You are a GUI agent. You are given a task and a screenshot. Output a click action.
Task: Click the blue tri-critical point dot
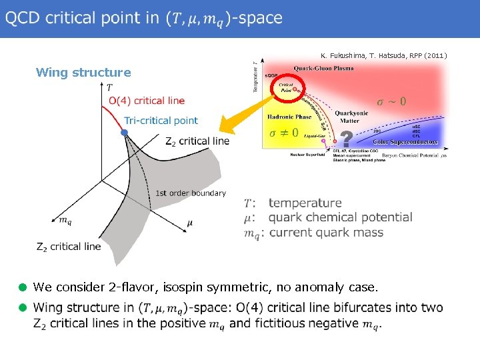pyautogui.click(x=123, y=133)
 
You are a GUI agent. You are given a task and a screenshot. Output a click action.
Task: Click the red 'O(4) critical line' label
pyautogui.click(x=146, y=101)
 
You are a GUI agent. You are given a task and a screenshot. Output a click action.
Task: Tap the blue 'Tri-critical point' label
pyautogui.click(x=161, y=121)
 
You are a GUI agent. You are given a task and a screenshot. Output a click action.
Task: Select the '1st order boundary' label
pyautogui.click(x=191, y=193)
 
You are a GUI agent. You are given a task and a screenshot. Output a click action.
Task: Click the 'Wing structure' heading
pyautogui.click(x=83, y=72)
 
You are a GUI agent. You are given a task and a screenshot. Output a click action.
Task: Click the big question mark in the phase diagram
pyautogui.click(x=346, y=140)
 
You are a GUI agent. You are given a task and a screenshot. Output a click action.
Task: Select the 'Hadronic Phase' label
pyautogui.click(x=289, y=117)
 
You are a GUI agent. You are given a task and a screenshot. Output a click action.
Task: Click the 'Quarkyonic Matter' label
pyautogui.click(x=356, y=117)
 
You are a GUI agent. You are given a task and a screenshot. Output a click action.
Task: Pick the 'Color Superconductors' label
pyautogui.click(x=405, y=142)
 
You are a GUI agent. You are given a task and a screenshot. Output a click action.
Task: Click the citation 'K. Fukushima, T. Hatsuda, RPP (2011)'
pyautogui.click(x=383, y=55)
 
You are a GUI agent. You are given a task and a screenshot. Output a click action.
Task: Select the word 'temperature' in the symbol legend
pyautogui.click(x=305, y=203)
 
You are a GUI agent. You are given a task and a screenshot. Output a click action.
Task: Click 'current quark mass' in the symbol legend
pyautogui.click(x=326, y=233)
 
